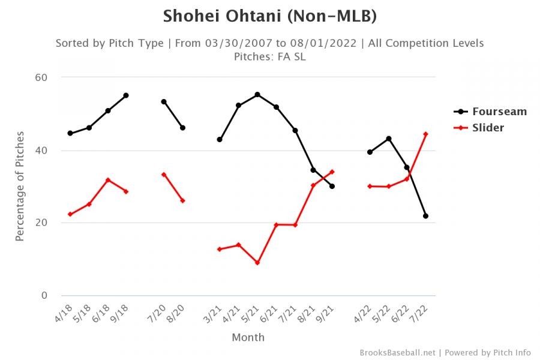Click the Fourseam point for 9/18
[x=126, y=95]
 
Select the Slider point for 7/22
[x=425, y=134]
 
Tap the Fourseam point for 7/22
[x=425, y=216]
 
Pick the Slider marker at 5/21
[x=257, y=263]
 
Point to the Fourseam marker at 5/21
[x=257, y=95]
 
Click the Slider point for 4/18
[x=70, y=214]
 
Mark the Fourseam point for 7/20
[x=164, y=102]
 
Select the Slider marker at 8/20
[x=182, y=200]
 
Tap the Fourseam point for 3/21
[x=220, y=140]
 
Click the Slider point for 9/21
[x=332, y=172]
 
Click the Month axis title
[x=248, y=337]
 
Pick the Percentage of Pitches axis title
[x=20, y=187]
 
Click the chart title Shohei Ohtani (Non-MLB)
[x=270, y=16]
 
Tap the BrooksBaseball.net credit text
[x=398, y=352]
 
